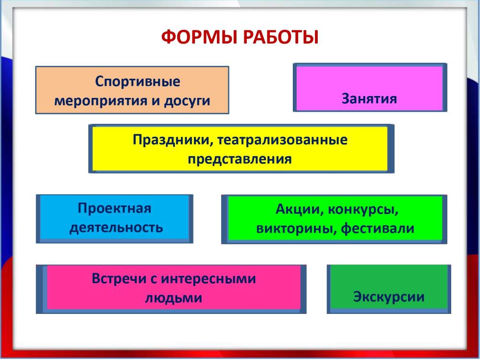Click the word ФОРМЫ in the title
[x=199, y=37]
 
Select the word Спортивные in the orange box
[x=137, y=82]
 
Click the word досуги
[x=187, y=101]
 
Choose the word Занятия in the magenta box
[x=369, y=98]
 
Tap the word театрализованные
[x=283, y=140]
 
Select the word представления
[x=240, y=159]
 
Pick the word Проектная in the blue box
[x=115, y=208]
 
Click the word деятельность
[x=116, y=228]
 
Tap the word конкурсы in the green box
[x=363, y=210]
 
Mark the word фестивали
[x=378, y=228]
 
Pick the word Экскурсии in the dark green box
[x=389, y=297]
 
